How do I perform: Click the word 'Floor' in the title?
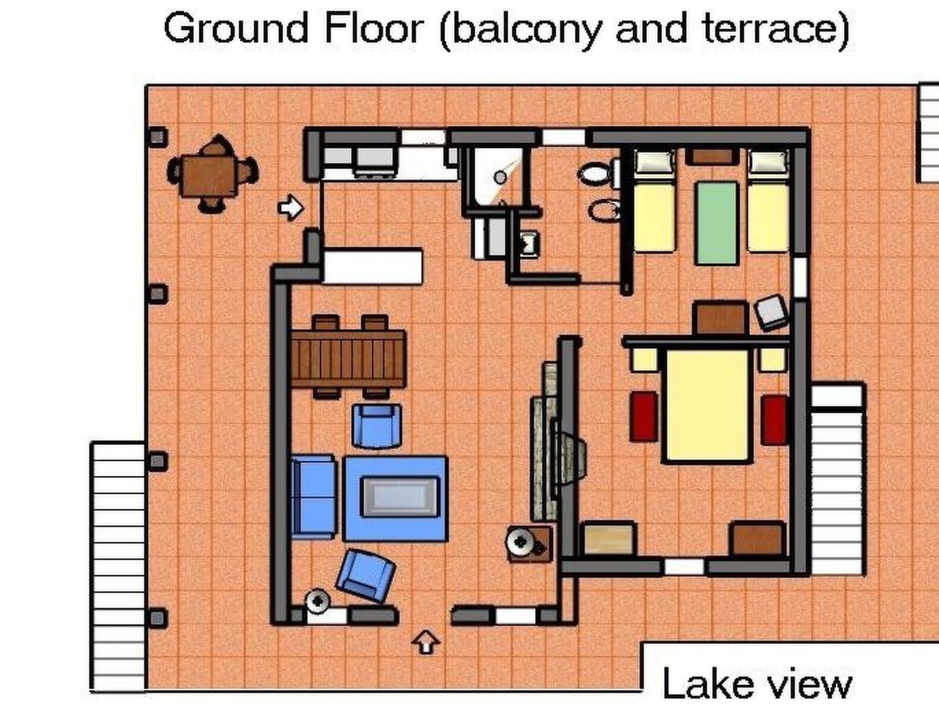[x=374, y=28]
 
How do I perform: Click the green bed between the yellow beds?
[x=717, y=223]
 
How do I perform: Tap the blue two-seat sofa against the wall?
[x=314, y=496]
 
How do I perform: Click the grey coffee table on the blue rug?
[x=399, y=496]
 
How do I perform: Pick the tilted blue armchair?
[x=366, y=575]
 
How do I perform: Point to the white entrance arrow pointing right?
[x=291, y=207]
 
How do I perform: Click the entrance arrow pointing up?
[x=426, y=642]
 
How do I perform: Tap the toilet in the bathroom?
[x=598, y=174]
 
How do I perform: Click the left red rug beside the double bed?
[x=644, y=417]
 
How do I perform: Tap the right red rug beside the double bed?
[x=775, y=420]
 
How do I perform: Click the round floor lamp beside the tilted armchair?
[x=318, y=601]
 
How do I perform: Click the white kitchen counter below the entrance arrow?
[x=372, y=266]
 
